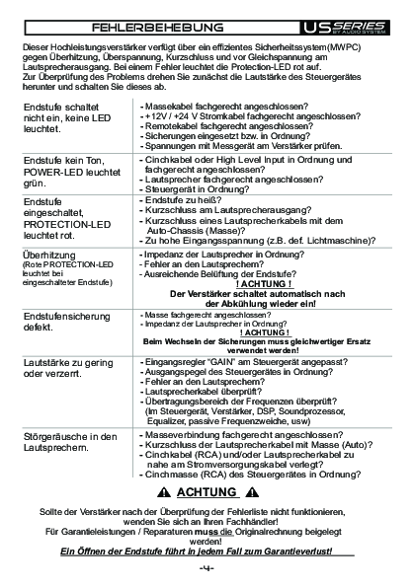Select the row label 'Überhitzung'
pyautogui.click(x=48, y=256)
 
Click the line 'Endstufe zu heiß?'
pyautogui.click(x=183, y=200)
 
